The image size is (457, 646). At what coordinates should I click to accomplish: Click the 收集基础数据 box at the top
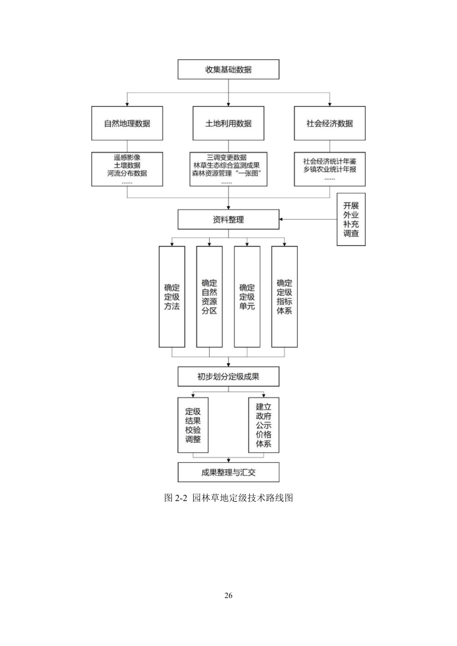pos(228,70)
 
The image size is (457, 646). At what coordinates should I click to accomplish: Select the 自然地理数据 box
pos(127,123)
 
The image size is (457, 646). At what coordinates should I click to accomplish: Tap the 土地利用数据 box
pos(228,123)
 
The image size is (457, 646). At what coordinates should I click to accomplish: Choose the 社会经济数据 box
pos(330,123)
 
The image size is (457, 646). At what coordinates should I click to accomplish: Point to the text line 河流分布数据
pos(127,173)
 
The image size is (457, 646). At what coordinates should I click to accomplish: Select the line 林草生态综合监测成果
pos(228,165)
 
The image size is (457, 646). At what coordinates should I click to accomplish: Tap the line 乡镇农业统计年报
pos(330,169)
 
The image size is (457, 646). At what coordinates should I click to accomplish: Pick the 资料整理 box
pos(228,219)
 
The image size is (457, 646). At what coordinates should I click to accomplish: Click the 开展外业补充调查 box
pos(351,220)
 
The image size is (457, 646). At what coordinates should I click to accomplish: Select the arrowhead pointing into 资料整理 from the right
pos(282,219)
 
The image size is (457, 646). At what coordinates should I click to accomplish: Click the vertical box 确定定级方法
pos(171,296)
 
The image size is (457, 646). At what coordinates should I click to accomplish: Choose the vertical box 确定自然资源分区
pos(209,296)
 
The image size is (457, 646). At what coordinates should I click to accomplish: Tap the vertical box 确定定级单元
pos(247,296)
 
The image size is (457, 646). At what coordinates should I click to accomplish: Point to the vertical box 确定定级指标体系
pos(284,296)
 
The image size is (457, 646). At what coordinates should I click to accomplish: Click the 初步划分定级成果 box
pos(228,377)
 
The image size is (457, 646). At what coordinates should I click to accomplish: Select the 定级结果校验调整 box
pos(193,425)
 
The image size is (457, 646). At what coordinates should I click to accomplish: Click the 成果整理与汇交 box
pos(228,472)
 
